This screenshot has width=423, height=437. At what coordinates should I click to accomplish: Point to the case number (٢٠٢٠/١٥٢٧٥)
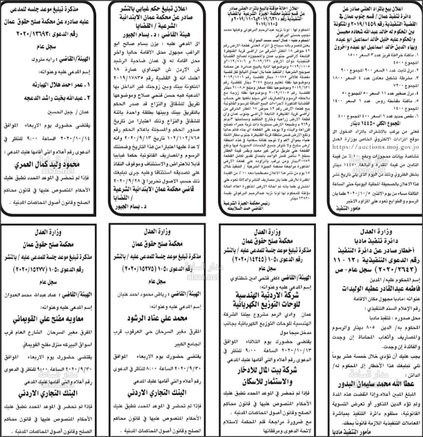(x=144, y=269)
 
